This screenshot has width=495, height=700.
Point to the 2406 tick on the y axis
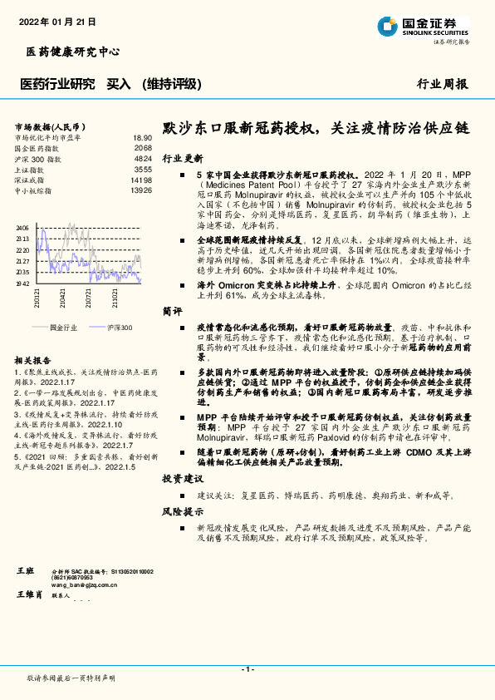click(x=22, y=227)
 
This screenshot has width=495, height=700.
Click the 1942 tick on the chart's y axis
click(x=22, y=283)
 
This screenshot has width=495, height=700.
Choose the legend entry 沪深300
click(x=119, y=328)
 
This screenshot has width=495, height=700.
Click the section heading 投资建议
click(x=183, y=479)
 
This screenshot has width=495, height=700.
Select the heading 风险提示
click(x=183, y=511)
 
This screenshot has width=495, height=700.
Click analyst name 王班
click(x=26, y=572)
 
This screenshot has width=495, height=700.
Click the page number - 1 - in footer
click(x=247, y=668)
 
